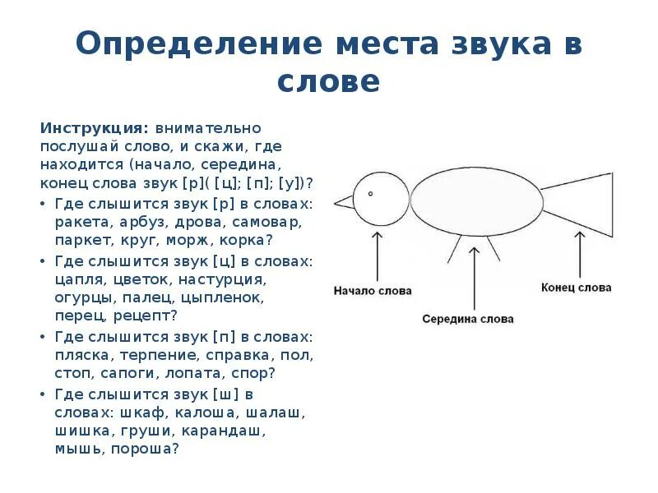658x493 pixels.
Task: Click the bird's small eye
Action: [x=371, y=194]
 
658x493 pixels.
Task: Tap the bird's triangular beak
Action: [x=343, y=201]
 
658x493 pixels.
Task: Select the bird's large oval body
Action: [x=475, y=200]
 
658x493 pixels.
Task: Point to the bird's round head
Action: [x=382, y=200]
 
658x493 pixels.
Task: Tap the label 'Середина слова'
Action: [x=468, y=319]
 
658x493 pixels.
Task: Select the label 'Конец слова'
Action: [x=577, y=288]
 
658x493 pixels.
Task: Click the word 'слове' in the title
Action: [x=328, y=81]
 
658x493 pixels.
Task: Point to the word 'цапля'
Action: [x=79, y=279]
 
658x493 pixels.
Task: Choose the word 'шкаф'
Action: [x=141, y=412]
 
